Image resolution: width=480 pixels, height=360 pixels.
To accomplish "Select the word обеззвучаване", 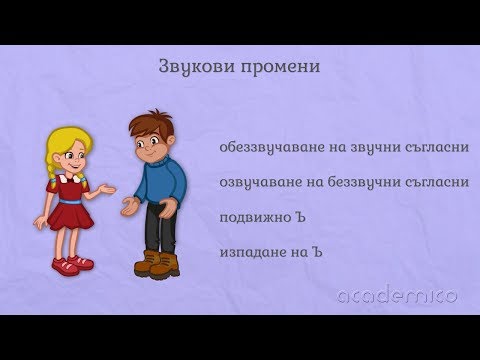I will pos(264,148).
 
